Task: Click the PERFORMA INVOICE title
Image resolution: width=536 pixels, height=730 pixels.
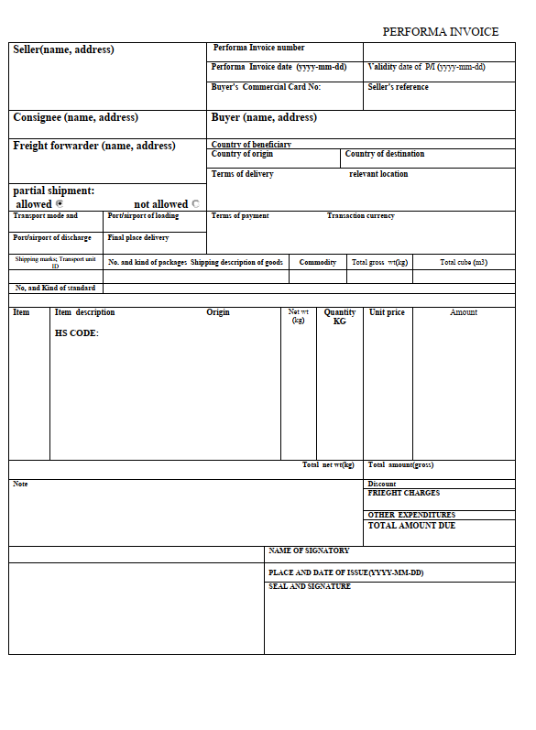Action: coord(440,32)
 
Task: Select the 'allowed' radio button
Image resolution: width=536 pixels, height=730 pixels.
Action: coord(60,204)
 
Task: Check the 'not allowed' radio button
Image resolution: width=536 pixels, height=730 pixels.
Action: coord(196,204)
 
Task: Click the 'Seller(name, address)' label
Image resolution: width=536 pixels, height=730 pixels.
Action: coord(63,49)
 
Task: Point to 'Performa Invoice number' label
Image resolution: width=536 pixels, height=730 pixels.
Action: coord(259,48)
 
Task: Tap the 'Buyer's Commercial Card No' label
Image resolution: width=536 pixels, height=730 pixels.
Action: coord(266,87)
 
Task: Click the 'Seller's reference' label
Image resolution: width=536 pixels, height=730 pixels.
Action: coord(398,87)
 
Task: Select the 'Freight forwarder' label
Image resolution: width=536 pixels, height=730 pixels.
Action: coord(93,146)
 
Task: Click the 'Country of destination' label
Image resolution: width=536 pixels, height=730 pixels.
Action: coord(385,154)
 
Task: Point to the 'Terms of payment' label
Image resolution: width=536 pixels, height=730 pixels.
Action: coord(240,216)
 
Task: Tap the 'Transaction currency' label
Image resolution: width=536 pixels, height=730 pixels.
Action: coord(361,216)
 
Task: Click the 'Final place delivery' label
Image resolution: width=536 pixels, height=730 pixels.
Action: coord(138,238)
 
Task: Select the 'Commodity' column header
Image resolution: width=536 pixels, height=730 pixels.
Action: coord(318,263)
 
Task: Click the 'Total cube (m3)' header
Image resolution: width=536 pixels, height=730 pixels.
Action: coord(464,263)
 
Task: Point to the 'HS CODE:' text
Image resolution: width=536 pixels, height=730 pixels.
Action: coord(76,333)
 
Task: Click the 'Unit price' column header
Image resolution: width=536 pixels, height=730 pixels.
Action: coord(387,312)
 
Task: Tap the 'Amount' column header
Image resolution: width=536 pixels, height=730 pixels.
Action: coord(464,312)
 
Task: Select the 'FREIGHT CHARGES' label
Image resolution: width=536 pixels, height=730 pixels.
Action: coord(403,494)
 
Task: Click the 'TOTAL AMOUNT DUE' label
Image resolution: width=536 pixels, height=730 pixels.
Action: coord(411,526)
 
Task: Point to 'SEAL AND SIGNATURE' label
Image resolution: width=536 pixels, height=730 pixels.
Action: coord(310,586)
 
